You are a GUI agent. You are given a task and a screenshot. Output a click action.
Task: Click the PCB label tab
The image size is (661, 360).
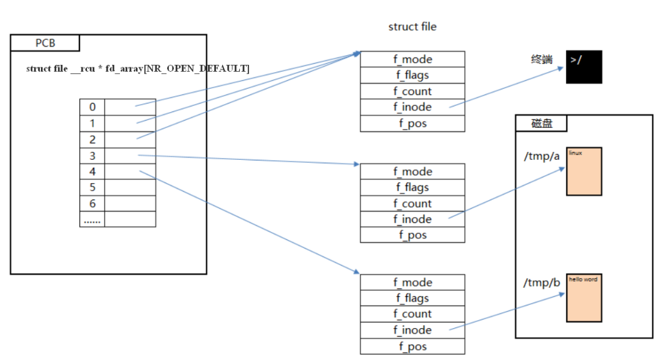(x=45, y=43)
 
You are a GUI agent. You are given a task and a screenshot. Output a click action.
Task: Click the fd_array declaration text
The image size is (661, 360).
(x=138, y=69)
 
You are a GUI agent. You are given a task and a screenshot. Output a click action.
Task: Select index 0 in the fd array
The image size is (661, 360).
(x=92, y=107)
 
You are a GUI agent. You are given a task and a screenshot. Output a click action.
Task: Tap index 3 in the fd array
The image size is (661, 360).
(x=92, y=156)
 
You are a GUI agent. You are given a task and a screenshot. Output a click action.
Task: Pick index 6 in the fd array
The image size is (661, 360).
(x=92, y=203)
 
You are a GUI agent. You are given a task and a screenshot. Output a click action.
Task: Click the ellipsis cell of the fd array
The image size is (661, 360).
(x=92, y=220)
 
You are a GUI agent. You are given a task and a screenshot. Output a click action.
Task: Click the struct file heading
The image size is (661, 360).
(x=413, y=27)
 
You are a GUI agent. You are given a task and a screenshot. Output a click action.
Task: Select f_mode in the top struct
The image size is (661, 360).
(x=413, y=59)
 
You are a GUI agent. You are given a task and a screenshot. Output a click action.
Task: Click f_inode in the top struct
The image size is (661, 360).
(x=413, y=107)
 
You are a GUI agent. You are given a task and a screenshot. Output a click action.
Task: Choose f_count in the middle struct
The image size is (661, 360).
(x=413, y=203)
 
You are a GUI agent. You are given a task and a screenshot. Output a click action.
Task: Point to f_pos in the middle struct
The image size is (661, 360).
(x=413, y=235)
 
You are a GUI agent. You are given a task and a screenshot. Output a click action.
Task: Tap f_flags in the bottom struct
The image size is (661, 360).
(x=413, y=298)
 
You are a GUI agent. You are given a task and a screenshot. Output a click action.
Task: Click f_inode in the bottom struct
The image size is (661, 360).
(x=413, y=330)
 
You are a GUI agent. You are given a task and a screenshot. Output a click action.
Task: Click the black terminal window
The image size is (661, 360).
(x=584, y=67)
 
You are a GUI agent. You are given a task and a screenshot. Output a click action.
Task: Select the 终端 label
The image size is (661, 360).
(x=542, y=59)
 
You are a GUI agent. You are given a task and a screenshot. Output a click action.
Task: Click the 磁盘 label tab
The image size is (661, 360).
(x=542, y=123)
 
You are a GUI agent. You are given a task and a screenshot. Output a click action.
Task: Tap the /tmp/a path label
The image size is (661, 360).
(x=542, y=156)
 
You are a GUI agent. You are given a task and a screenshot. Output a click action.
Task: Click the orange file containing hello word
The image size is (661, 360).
(x=584, y=298)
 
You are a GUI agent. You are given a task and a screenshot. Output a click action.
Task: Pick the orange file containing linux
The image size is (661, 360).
(x=584, y=171)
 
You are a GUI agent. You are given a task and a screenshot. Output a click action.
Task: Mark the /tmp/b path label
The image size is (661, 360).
(x=542, y=282)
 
